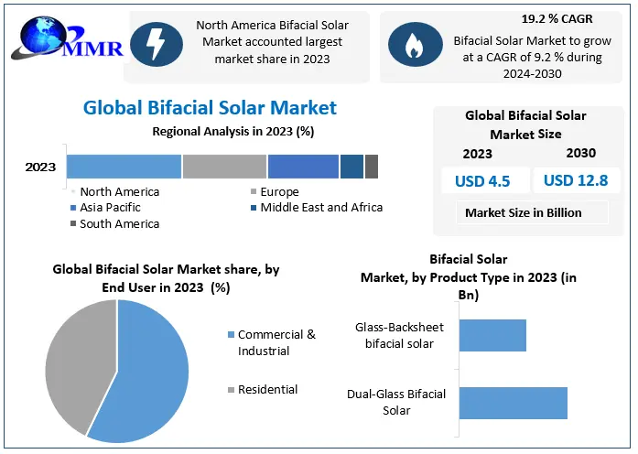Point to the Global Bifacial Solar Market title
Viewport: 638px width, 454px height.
tap(210, 108)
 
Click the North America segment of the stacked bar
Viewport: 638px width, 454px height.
tap(124, 167)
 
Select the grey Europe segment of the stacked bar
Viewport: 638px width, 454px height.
tap(224, 167)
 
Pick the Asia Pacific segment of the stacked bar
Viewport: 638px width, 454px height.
tap(303, 167)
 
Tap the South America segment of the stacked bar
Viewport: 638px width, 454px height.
tap(371, 167)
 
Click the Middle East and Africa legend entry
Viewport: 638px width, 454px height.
tap(320, 207)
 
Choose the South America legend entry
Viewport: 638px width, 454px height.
tap(119, 223)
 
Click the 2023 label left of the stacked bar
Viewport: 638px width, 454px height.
tap(40, 168)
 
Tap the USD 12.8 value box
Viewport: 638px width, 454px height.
tap(576, 180)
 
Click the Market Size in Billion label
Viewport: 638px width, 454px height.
tap(523, 212)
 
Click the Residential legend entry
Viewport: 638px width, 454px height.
tap(267, 389)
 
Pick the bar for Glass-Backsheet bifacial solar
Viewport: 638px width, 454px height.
tap(492, 335)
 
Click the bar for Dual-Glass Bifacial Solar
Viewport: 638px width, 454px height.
tap(513, 403)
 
